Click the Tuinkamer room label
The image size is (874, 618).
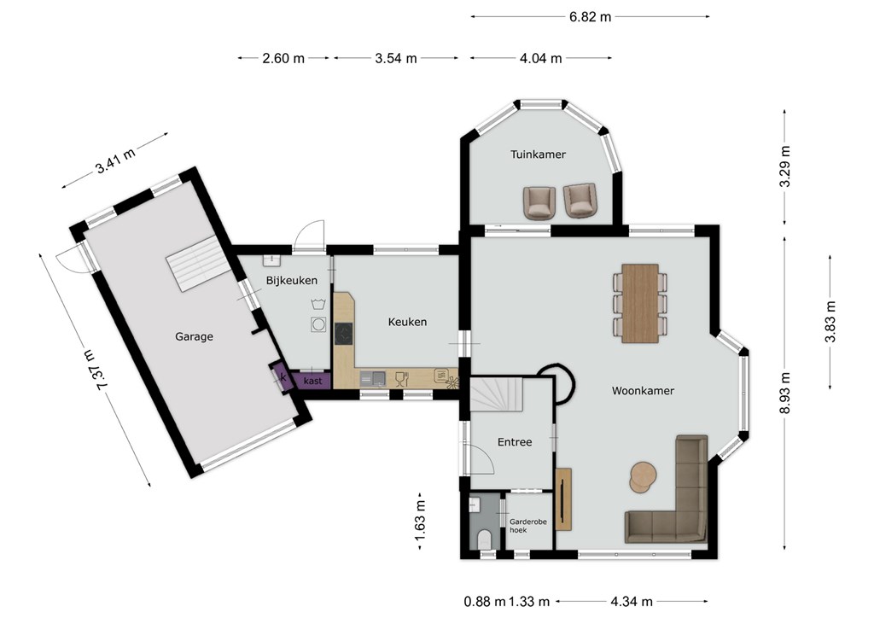point(538,154)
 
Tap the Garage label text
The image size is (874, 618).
point(194,336)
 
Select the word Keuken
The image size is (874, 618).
point(407,322)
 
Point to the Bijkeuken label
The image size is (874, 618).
point(292,280)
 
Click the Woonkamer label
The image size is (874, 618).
point(643,391)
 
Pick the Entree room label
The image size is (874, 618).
point(515,442)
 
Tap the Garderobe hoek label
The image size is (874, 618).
point(527,526)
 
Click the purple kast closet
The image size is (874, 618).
point(312,382)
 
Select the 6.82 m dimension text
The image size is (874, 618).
point(591,17)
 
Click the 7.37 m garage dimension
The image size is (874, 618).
point(96,370)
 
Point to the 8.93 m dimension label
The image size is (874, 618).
point(785,393)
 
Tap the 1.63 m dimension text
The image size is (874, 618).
point(420,521)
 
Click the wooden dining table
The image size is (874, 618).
point(640,303)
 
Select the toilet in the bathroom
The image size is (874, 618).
point(485,539)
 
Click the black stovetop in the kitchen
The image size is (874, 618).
point(343,335)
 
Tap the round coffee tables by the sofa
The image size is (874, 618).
point(643,477)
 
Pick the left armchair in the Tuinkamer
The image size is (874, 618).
point(539,203)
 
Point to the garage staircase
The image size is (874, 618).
point(198,263)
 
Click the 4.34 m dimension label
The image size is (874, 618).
point(632,601)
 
